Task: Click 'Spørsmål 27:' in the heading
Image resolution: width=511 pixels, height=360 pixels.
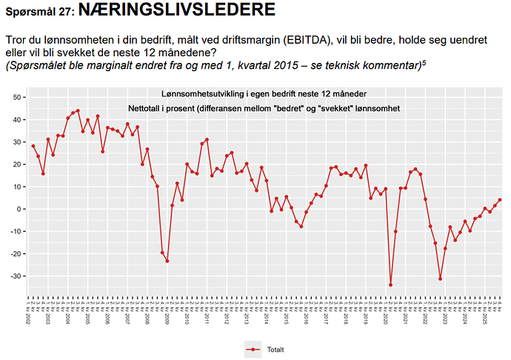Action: [39, 12]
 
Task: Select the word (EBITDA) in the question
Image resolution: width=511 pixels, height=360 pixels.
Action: [345, 40]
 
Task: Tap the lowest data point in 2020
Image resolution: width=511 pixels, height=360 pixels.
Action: [391, 284]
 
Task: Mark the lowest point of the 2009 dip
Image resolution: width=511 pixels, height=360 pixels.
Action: [167, 261]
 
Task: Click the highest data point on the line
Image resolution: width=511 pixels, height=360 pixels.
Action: [78, 110]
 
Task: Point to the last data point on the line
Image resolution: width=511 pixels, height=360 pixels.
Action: [500, 200]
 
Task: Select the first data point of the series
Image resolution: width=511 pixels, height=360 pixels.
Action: [33, 146]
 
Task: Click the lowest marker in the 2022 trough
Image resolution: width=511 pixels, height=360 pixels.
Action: [440, 279]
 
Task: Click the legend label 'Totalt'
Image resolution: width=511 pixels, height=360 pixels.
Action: [275, 349]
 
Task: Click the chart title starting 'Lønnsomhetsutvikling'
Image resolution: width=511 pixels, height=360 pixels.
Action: [264, 94]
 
